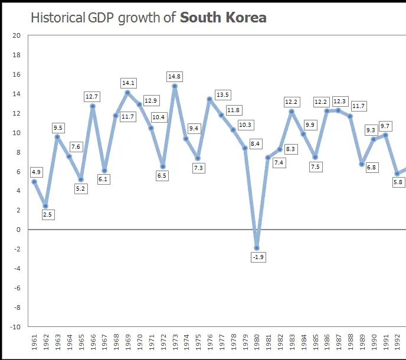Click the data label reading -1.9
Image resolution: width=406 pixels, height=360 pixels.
tap(257, 257)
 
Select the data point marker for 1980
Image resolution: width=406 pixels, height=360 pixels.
tap(256, 248)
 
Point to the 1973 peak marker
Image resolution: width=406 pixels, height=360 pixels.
tap(175, 86)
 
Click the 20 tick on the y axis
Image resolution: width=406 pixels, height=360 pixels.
tap(16, 35)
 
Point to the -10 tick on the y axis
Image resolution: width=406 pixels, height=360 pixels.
tap(15, 326)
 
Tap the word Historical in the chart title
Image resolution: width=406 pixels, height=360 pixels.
tap(58, 17)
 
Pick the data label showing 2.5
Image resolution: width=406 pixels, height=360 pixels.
tap(48, 215)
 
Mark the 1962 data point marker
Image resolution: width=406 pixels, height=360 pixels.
tap(45, 206)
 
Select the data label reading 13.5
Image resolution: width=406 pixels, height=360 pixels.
tap(222, 95)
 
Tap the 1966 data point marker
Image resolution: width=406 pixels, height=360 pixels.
tap(93, 106)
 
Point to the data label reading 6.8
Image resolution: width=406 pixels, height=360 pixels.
tap(371, 168)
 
